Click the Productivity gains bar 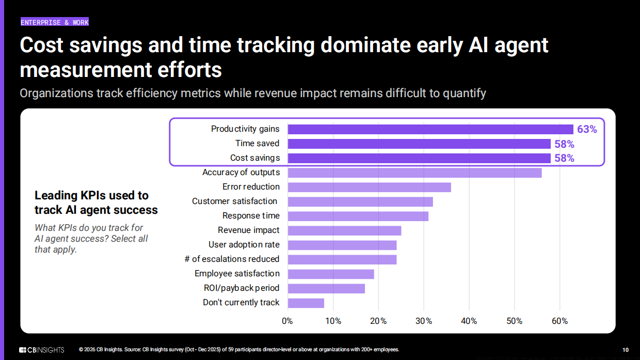(430, 129)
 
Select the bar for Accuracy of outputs (414, 173)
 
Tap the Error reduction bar (369, 187)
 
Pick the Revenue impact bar (344, 230)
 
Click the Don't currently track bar (306, 303)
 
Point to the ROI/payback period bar (326, 288)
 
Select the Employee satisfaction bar (331, 274)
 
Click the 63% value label (587, 129)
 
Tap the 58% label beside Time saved (564, 144)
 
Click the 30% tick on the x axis (424, 321)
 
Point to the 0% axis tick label (287, 321)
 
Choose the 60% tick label (559, 321)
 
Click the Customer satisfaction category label (235, 201)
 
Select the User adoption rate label (244, 244)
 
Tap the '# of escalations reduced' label (232, 259)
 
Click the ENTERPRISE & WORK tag (55, 22)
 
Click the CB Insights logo (42, 350)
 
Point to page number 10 (626, 350)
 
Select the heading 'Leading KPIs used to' (91, 195)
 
